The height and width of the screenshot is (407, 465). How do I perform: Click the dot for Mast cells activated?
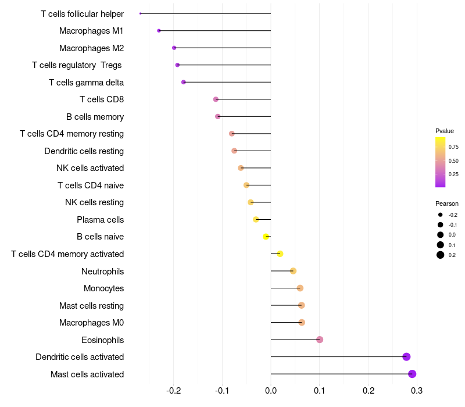pos(412,374)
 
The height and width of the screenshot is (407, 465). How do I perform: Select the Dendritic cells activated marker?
pos(406,357)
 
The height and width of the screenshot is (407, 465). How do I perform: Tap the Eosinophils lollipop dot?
pos(320,340)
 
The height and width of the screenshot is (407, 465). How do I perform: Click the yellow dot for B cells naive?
pos(266,237)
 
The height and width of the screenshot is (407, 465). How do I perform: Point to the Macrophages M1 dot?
pos(159,31)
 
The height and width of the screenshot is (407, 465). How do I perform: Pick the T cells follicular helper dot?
pos(141,13)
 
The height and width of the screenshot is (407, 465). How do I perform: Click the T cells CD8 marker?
pos(216,99)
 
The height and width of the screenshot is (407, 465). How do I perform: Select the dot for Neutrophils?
pos(293,271)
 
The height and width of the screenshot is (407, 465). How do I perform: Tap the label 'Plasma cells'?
pos(100,220)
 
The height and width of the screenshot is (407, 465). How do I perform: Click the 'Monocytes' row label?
pos(103,288)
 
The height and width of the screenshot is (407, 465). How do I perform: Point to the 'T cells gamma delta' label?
pos(86,83)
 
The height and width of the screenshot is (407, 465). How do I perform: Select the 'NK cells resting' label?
pos(94,202)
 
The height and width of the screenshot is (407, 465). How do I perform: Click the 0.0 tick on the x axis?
pos(271,390)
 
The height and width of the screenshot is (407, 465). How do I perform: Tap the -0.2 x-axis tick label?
pos(174,390)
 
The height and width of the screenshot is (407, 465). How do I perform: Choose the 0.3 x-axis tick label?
pos(416,390)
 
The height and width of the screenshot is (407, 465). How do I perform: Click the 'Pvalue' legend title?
pos(445,131)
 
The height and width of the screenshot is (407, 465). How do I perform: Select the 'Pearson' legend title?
pos(447,203)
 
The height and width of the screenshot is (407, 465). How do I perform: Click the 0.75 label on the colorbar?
pos(453,147)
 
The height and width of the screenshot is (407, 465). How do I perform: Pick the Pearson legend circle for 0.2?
pos(441,255)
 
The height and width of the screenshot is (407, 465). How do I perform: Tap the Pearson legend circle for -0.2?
pos(441,215)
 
